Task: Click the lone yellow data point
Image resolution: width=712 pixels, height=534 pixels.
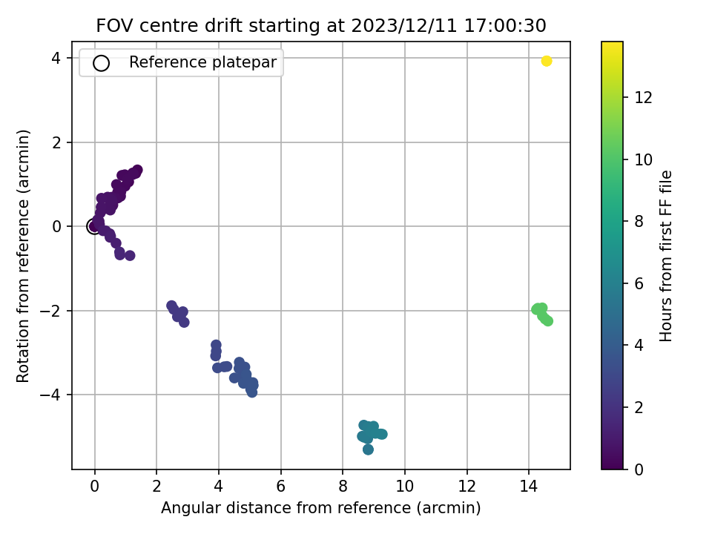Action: [547, 61]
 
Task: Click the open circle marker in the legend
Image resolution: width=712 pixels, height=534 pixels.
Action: [101, 63]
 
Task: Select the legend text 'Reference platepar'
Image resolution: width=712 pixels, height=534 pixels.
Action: [202, 62]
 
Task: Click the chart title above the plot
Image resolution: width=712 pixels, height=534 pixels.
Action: [321, 25]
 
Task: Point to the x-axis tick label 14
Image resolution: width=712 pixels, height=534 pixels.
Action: [529, 487]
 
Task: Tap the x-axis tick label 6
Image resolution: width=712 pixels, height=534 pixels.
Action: [280, 487]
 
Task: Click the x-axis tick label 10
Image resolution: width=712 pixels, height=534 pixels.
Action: [405, 487]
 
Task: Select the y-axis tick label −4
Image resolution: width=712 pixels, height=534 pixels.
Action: [51, 395]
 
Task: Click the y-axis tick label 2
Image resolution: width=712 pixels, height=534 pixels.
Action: [56, 142]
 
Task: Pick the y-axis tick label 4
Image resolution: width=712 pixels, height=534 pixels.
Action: [56, 58]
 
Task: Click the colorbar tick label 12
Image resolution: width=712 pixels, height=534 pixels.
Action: [643, 97]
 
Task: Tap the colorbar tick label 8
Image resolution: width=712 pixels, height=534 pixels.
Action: [639, 221]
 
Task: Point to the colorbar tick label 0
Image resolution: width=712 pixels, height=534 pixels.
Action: [639, 469]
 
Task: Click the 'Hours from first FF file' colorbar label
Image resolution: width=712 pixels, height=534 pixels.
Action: [665, 256]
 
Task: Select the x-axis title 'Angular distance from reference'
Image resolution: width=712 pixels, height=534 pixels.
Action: [286, 507]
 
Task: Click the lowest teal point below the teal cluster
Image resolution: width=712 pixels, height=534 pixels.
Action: [369, 449]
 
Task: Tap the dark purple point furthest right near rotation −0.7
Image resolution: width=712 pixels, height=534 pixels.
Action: [130, 256]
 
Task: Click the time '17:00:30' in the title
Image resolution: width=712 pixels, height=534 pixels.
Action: [505, 25]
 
